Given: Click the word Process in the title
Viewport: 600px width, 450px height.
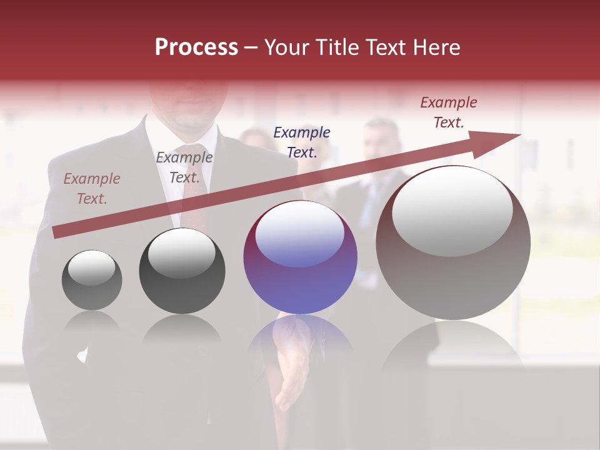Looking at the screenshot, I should (x=196, y=47).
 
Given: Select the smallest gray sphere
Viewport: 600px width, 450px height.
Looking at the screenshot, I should (x=92, y=280).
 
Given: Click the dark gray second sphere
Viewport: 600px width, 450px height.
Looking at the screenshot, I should (x=182, y=271).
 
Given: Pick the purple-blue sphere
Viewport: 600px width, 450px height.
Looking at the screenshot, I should (x=300, y=257).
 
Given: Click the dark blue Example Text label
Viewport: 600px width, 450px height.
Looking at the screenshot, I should (x=302, y=142).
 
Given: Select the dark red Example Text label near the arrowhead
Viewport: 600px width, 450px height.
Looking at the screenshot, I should (x=449, y=112).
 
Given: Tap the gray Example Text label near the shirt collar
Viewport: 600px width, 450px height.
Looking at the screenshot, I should (x=184, y=167).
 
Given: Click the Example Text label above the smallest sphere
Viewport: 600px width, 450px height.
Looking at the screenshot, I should (x=92, y=189).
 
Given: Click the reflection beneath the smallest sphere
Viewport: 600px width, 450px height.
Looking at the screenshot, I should (x=92, y=321).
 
